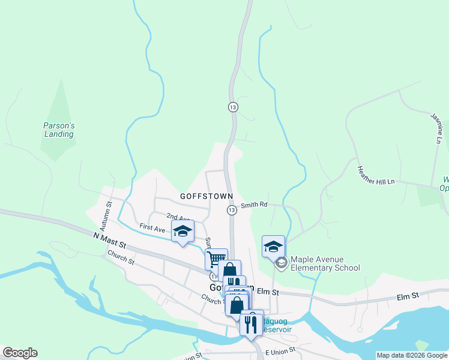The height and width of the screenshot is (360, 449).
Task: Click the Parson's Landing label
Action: (x=58, y=130)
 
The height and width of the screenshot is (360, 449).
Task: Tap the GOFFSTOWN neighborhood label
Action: (x=202, y=196)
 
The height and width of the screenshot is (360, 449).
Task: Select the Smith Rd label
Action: (x=254, y=205)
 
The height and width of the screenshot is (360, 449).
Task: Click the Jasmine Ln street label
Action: (x=436, y=128)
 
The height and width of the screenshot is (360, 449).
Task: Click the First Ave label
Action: (x=152, y=229)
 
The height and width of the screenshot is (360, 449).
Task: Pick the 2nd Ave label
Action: (x=178, y=217)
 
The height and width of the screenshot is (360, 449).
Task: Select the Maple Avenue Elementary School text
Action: (x=325, y=264)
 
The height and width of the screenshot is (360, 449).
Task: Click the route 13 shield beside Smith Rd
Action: (x=232, y=209)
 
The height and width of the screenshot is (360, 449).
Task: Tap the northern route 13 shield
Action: (x=233, y=107)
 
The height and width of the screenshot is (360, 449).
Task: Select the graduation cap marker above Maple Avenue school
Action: (x=273, y=246)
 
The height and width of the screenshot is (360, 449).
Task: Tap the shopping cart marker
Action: (x=216, y=259)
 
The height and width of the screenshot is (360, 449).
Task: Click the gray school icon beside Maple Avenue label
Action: (x=281, y=263)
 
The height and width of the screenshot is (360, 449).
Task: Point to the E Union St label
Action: (x=279, y=349)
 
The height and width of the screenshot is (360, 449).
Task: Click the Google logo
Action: (x=20, y=353)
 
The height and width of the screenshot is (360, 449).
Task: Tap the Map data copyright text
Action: (x=412, y=355)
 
